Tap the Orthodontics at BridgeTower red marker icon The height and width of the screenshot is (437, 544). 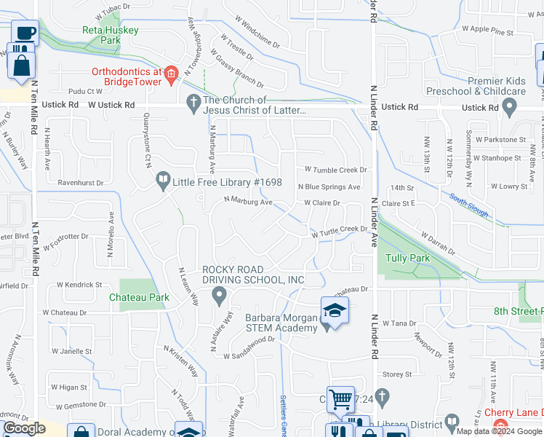(x=171, y=72)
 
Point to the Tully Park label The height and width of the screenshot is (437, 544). (x=408, y=258)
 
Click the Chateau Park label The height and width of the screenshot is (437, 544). (x=139, y=297)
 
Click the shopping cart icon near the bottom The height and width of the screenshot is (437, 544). (x=340, y=399)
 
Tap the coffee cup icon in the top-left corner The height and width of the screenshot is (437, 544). (x=25, y=34)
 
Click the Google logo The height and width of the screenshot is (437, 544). (x=24, y=428)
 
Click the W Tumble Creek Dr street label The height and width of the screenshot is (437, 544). (x=336, y=170)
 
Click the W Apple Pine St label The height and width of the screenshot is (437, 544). (x=487, y=32)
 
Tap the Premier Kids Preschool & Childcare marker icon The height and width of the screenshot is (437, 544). (x=509, y=108)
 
